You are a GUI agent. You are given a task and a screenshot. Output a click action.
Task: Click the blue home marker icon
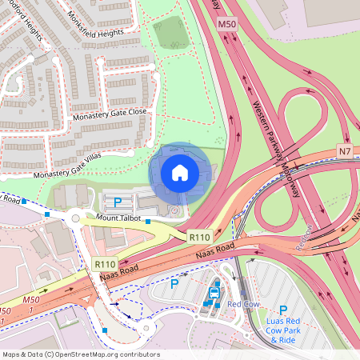180,172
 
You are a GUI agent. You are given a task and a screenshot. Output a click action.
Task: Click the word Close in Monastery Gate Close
136,112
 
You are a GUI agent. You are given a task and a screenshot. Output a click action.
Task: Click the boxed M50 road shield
226,26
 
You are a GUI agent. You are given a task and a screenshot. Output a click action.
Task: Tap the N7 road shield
345,151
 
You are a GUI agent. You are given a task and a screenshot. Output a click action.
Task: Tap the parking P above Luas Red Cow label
282,310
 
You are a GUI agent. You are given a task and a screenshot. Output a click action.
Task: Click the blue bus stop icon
214,293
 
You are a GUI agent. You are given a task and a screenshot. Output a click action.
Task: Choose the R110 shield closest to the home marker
199,237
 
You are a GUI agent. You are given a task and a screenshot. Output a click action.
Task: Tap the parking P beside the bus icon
174,283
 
